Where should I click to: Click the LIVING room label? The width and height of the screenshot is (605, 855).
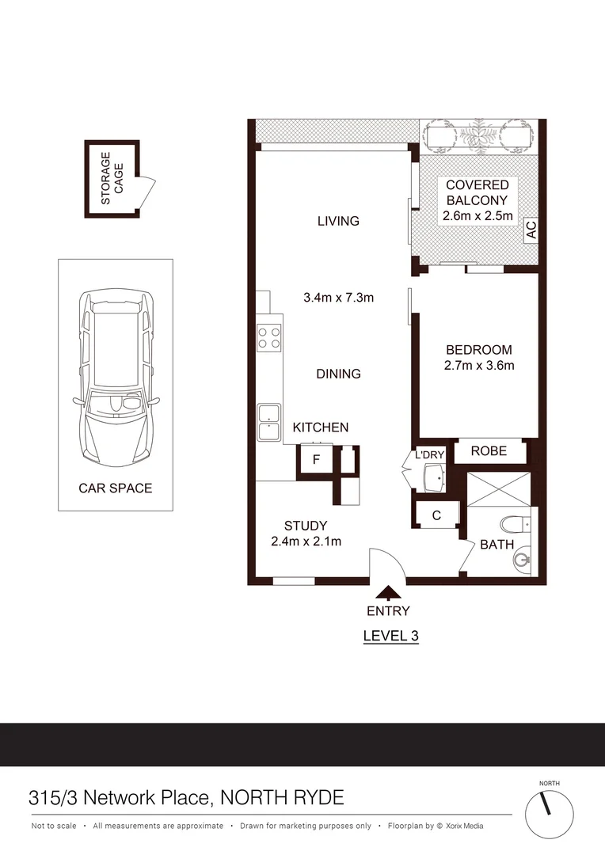[x=338, y=221]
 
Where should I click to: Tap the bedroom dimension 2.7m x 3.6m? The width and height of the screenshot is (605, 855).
[x=478, y=365]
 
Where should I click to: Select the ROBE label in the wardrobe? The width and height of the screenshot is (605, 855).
[x=489, y=450]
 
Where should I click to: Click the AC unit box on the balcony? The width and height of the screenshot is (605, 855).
[x=531, y=230]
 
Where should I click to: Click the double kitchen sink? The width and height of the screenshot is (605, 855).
[x=268, y=421]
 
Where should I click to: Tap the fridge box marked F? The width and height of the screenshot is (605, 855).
[x=316, y=459]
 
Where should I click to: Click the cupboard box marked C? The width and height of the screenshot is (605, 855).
[x=436, y=515]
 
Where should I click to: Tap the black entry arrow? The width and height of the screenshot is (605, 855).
[x=388, y=591]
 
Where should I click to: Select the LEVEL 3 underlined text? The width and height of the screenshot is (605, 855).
[x=390, y=635]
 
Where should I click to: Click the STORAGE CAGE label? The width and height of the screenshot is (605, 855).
[x=112, y=178]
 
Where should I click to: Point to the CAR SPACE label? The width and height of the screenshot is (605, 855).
[x=115, y=488]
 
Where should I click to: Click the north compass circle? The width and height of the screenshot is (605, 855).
[x=548, y=814]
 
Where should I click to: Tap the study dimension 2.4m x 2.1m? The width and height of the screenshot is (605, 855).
[x=306, y=541]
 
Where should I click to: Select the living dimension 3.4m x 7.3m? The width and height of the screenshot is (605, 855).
[x=338, y=298]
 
